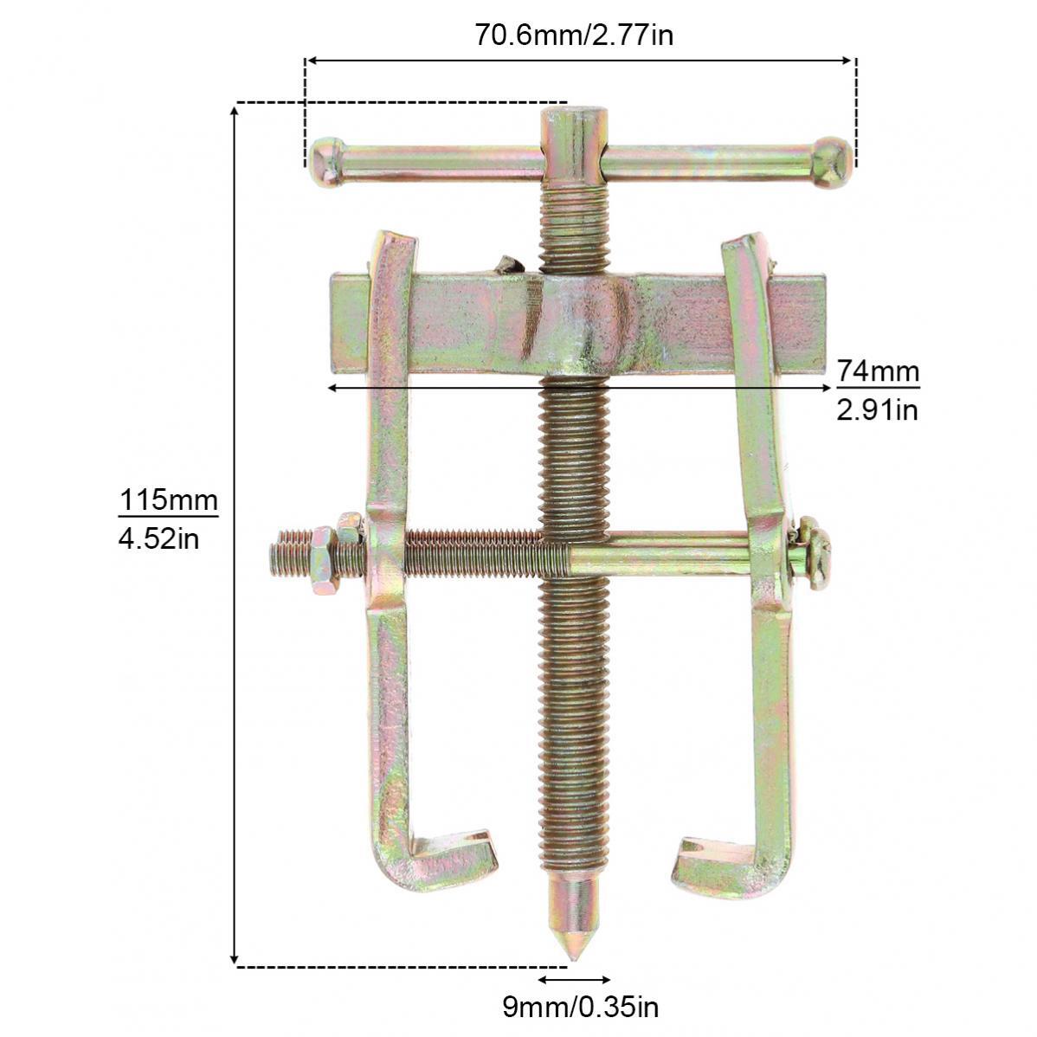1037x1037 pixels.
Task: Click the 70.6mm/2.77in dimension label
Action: click(574, 35)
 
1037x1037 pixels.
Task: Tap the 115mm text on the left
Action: click(168, 499)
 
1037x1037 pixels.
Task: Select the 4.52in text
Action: click(158, 539)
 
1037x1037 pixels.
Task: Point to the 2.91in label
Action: click(877, 410)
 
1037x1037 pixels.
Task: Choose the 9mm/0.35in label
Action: click(580, 1008)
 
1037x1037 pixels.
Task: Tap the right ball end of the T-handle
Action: click(832, 162)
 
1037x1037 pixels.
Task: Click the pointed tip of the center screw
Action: click(573, 959)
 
